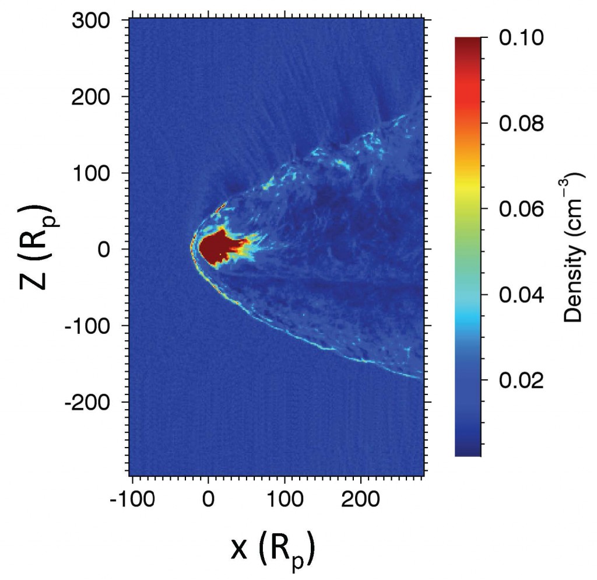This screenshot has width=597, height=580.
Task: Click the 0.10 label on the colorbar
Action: (x=522, y=38)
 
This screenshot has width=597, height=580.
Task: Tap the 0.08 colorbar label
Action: (x=522, y=124)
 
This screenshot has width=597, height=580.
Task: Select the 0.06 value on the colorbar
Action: (x=522, y=209)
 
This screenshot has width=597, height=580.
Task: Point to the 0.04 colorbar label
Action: (x=522, y=295)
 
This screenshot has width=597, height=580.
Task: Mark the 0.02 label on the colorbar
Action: (x=522, y=380)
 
